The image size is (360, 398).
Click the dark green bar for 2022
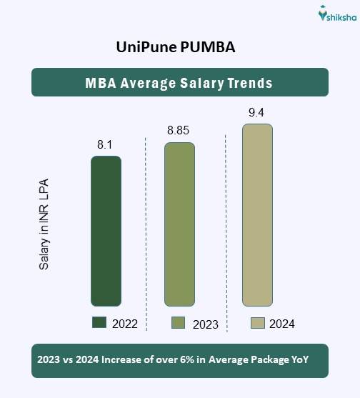[x=106, y=232]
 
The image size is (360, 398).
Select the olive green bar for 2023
[x=179, y=224]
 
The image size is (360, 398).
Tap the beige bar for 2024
[x=257, y=215]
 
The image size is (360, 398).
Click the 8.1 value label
[x=105, y=145]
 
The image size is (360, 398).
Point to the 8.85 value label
[x=179, y=131]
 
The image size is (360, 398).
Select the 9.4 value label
[x=256, y=111]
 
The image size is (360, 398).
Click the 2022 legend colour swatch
[x=99, y=322]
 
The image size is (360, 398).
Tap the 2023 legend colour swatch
[x=179, y=323]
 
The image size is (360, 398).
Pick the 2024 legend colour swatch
[x=258, y=323]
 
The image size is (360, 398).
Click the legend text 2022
[x=124, y=324]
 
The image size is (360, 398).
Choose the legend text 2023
[x=205, y=324]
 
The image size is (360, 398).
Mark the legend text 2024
[x=281, y=324]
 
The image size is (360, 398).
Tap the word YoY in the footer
[x=298, y=360]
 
